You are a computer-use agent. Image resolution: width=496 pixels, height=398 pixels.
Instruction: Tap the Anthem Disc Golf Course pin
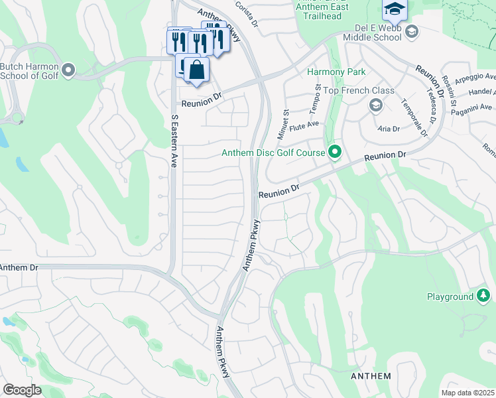click(x=335, y=153)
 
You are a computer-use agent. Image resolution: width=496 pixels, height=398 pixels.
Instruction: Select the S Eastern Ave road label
click(x=174, y=141)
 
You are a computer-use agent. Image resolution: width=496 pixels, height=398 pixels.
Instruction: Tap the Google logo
click(x=22, y=390)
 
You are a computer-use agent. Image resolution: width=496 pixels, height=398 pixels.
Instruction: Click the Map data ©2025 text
click(x=468, y=393)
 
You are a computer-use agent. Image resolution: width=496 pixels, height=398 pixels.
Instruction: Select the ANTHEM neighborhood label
click(x=370, y=376)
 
